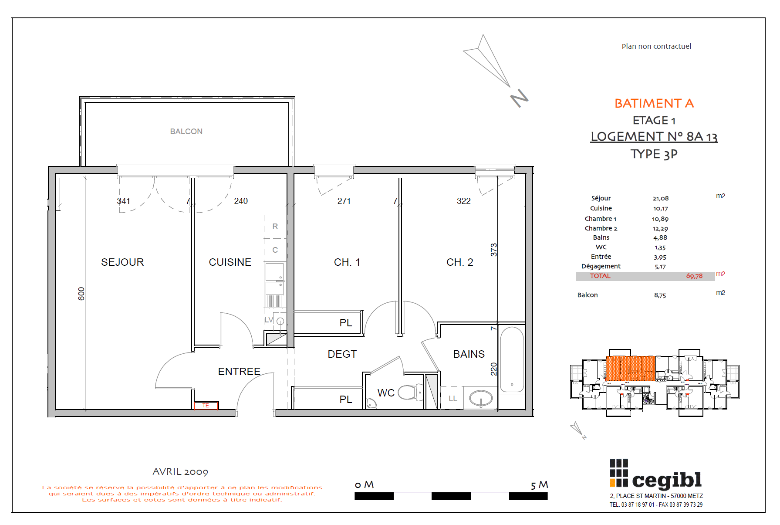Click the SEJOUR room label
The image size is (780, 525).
tap(122, 262)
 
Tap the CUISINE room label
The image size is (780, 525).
tap(230, 262)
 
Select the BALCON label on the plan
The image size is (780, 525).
tap(186, 131)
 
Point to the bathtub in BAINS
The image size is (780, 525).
tap(512, 359)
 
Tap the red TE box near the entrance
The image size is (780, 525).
tap(206, 405)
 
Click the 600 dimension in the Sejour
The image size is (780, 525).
tap(81, 294)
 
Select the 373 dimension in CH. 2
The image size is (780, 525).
tap(493, 250)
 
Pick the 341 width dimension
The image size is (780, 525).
tap(123, 201)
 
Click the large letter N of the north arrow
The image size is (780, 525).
tap(519, 98)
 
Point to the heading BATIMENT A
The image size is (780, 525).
tap(654, 103)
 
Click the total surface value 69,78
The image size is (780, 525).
tap(694, 276)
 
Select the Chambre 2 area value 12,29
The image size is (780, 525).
tap(660, 228)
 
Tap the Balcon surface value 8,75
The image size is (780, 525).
tap(660, 295)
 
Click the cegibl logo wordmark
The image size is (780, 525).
tap(666, 480)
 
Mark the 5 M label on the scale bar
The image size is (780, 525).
tap(539, 484)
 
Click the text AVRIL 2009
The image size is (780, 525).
tap(180, 471)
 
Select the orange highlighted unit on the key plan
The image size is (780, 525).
tap(630, 368)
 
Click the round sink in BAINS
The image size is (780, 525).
tap(481, 398)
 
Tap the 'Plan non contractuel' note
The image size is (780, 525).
tap(656, 46)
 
